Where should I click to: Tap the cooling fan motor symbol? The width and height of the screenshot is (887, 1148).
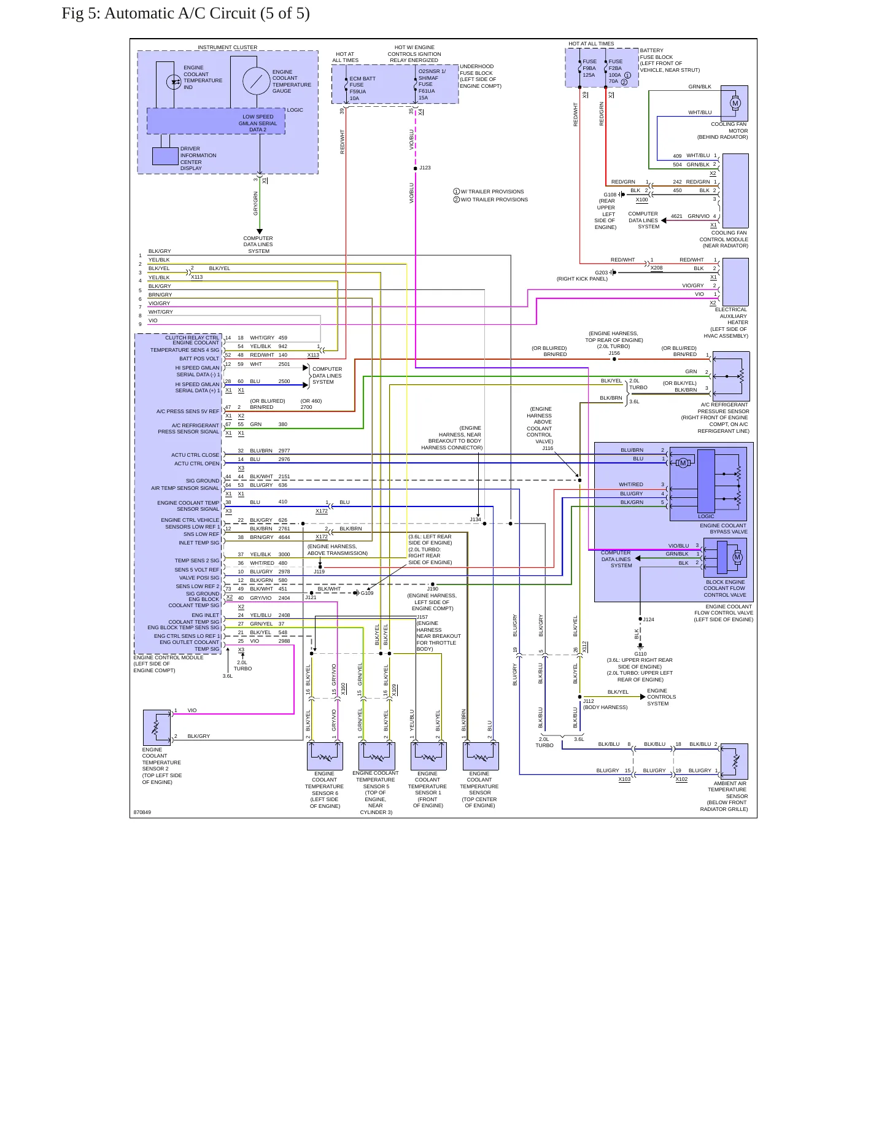click(735, 103)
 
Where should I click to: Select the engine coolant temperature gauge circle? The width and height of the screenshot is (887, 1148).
click(256, 81)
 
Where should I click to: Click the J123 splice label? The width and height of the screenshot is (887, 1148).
click(425, 168)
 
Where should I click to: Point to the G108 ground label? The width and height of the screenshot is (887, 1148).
click(610, 195)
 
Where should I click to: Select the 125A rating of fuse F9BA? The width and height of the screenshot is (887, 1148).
click(589, 75)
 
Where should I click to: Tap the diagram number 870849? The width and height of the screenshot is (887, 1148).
click(142, 812)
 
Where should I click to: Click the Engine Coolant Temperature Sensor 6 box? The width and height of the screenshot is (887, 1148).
click(325, 756)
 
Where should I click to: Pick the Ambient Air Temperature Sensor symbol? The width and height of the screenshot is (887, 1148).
click(734, 762)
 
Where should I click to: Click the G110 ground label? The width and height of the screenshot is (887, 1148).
click(640, 654)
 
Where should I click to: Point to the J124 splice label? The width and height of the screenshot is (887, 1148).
click(648, 619)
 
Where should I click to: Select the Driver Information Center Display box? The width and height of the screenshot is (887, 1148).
click(165, 157)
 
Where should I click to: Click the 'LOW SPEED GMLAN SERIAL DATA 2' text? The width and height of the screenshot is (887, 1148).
click(258, 123)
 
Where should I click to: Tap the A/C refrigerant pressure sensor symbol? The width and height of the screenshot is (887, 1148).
click(731, 376)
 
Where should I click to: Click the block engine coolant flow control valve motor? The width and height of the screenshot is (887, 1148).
click(737, 557)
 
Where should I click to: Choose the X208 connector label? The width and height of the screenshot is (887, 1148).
click(656, 268)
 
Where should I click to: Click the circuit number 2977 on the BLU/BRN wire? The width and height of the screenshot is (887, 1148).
click(284, 451)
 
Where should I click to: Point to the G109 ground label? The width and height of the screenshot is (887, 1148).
click(366, 593)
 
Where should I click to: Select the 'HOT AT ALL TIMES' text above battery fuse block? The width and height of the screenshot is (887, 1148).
click(591, 44)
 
